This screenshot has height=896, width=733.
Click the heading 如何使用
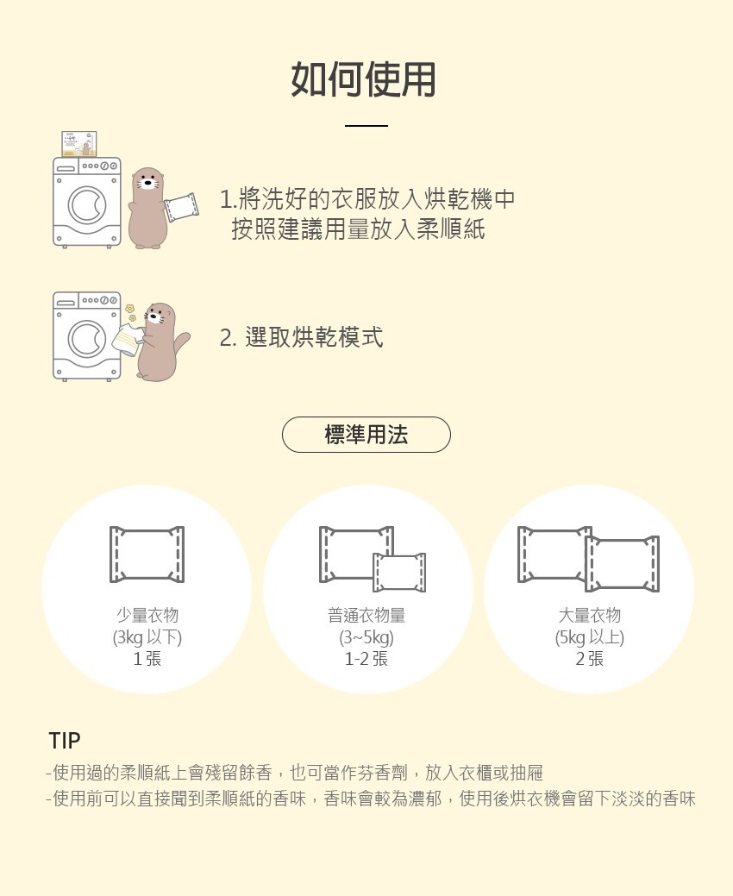coord(363,79)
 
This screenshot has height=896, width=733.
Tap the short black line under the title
coord(366,125)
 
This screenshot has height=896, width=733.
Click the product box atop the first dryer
coord(78,143)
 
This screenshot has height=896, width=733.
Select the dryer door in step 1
coord(87,205)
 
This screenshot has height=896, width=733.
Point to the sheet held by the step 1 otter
coord(181,207)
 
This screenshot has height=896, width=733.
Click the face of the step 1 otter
coord(147,180)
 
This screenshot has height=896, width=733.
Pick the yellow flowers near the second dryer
coord(131,312)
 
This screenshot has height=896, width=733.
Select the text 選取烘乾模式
coord(314,337)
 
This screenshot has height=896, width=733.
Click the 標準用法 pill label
coord(366,435)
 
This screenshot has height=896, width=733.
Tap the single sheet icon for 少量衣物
coord(147,555)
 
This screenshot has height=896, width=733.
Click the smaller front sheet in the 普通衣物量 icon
coord(399,573)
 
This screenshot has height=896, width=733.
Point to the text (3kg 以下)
coord(147,637)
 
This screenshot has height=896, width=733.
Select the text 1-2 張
coord(366,659)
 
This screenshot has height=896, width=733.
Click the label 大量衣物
coord(590,616)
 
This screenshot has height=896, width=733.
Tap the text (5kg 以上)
coord(590,637)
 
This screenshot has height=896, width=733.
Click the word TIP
coord(65,741)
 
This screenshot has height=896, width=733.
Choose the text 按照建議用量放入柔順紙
coord(358,229)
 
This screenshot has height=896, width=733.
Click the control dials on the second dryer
coord(100,301)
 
